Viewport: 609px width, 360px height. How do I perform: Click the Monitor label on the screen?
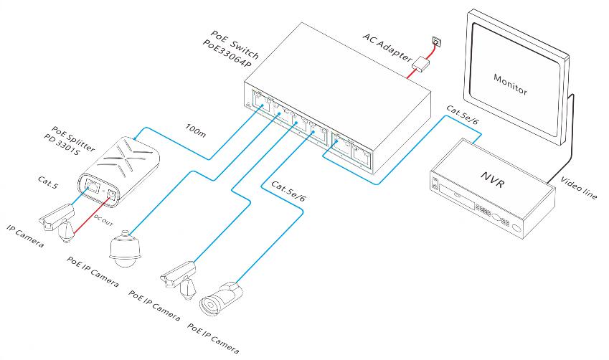point(510,84)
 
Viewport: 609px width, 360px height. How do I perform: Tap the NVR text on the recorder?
point(494,179)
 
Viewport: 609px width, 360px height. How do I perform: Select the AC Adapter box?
point(421,64)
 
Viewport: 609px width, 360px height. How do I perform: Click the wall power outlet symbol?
point(436,41)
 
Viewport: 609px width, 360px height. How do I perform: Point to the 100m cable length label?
point(195,130)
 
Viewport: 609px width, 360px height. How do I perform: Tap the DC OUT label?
point(103,221)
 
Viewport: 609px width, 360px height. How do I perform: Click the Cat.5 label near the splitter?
point(48,182)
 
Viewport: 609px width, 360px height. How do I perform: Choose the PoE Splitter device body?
point(118,171)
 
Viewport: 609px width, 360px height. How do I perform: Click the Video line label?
point(578,188)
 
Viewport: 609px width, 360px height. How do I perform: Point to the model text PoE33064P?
point(227,55)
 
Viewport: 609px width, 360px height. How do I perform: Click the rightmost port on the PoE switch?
point(362,154)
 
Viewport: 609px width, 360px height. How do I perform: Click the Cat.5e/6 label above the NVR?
point(463,115)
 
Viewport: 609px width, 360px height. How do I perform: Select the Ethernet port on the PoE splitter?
point(92,184)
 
